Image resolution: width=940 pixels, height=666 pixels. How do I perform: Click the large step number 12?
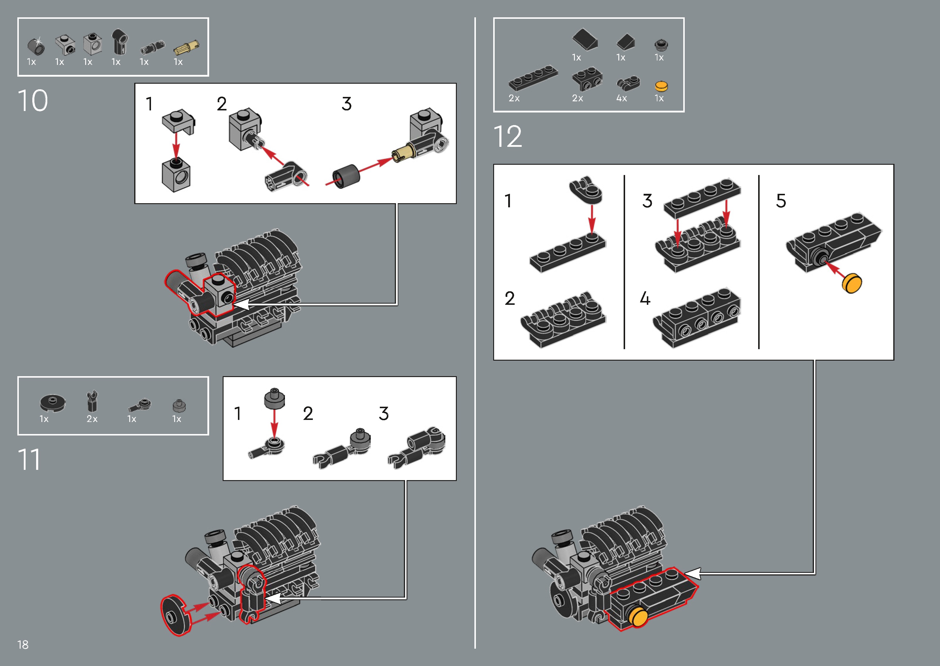click(x=508, y=137)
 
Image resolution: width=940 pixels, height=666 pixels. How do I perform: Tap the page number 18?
click(x=23, y=645)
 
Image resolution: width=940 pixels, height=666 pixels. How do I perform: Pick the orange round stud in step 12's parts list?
click(x=661, y=86)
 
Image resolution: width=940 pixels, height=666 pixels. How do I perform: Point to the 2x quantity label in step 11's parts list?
click(x=92, y=419)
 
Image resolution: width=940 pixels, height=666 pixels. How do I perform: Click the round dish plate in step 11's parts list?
click(x=52, y=402)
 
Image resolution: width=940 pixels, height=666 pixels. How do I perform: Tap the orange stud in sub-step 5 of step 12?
click(x=852, y=283)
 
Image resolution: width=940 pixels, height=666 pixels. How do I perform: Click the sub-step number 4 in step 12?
click(x=645, y=299)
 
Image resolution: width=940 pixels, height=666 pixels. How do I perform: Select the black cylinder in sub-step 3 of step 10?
click(x=346, y=177)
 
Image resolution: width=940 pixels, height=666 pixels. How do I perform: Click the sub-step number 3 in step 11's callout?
click(x=383, y=413)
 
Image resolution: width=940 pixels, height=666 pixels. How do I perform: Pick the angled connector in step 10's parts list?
click(x=120, y=41)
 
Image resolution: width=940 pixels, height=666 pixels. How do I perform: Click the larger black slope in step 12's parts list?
click(x=585, y=39)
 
